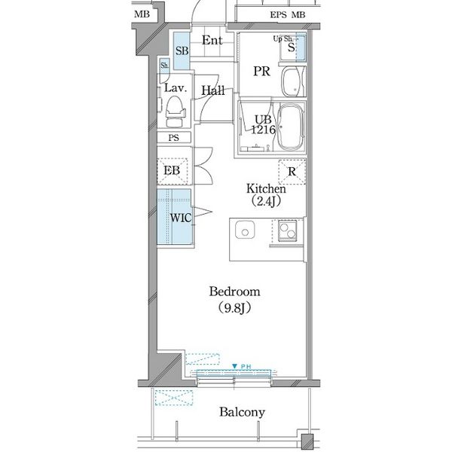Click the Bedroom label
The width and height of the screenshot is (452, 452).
coord(234,292)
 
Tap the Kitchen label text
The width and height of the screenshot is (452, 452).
coord(266,189)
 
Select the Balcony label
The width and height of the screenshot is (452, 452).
coord(242,412)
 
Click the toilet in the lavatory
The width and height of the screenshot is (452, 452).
coord(175,111)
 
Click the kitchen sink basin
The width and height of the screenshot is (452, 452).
coord(245,230)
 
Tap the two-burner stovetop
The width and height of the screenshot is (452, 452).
coord(287,231)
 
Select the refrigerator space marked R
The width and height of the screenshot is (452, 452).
coord(292,172)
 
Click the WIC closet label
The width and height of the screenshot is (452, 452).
coord(181,218)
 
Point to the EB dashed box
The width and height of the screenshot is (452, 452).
coord(172,171)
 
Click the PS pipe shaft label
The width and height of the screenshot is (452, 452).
coord(173,138)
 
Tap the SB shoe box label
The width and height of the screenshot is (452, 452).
coord(182,50)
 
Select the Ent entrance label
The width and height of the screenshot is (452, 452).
coord(212,41)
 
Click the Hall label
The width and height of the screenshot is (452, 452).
coord(213,90)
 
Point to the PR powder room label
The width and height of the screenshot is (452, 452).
coord(261,72)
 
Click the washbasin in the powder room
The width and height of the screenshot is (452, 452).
coord(293,82)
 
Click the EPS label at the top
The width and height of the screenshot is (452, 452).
coord(279,15)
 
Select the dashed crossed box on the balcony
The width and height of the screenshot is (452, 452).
coord(174,398)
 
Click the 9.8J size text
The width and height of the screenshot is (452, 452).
coord(234,308)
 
